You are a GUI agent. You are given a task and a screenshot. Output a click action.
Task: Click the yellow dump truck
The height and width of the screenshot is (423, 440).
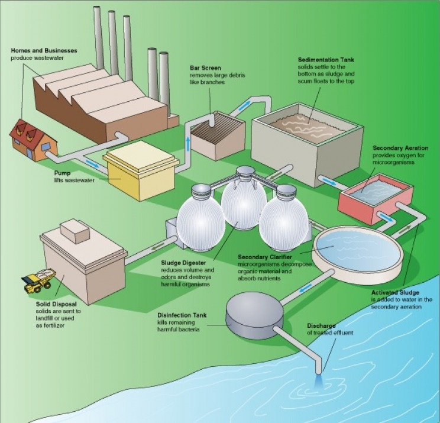coord(39,279)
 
